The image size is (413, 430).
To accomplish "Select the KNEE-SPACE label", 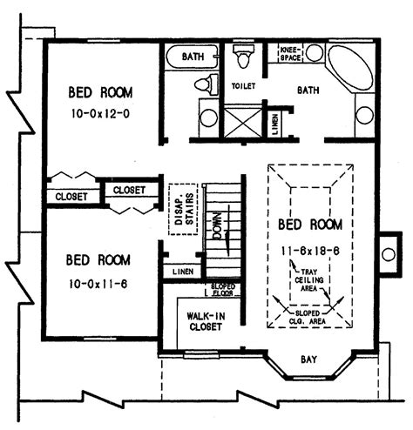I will [291, 54].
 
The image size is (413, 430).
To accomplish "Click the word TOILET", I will [245, 87].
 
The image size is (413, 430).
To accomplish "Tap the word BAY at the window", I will [308, 358].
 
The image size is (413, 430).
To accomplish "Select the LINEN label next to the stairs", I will [182, 272].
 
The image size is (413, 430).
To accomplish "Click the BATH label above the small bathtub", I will [193, 57].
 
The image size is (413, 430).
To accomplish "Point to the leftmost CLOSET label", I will [71, 197].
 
